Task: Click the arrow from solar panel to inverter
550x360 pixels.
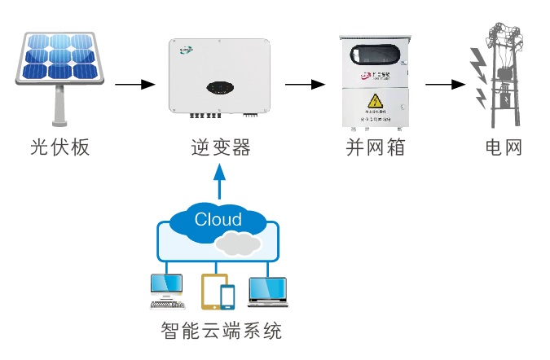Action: [x=134, y=84]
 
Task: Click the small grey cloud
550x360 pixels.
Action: [x=238, y=242]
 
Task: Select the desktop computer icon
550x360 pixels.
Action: [x=166, y=291]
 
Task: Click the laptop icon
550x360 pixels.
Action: [x=267, y=292]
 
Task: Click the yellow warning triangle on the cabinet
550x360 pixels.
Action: [x=375, y=102]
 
